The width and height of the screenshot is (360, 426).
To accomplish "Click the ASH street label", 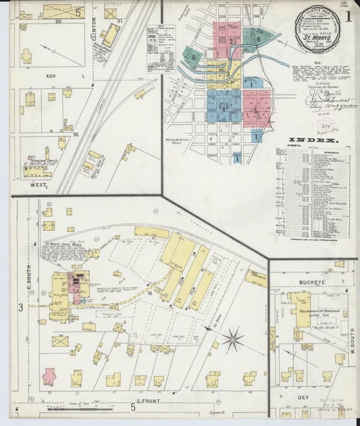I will pyautogui.click(x=51, y=76).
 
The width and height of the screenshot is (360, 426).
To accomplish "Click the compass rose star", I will pyautogui.click(x=233, y=339).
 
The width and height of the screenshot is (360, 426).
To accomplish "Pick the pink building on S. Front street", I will pyautogui.click(x=49, y=376).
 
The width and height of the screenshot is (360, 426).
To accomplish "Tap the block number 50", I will pyautogui.click(x=58, y=22).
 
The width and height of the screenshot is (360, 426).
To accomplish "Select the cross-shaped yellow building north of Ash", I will pyautogui.click(x=26, y=56).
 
